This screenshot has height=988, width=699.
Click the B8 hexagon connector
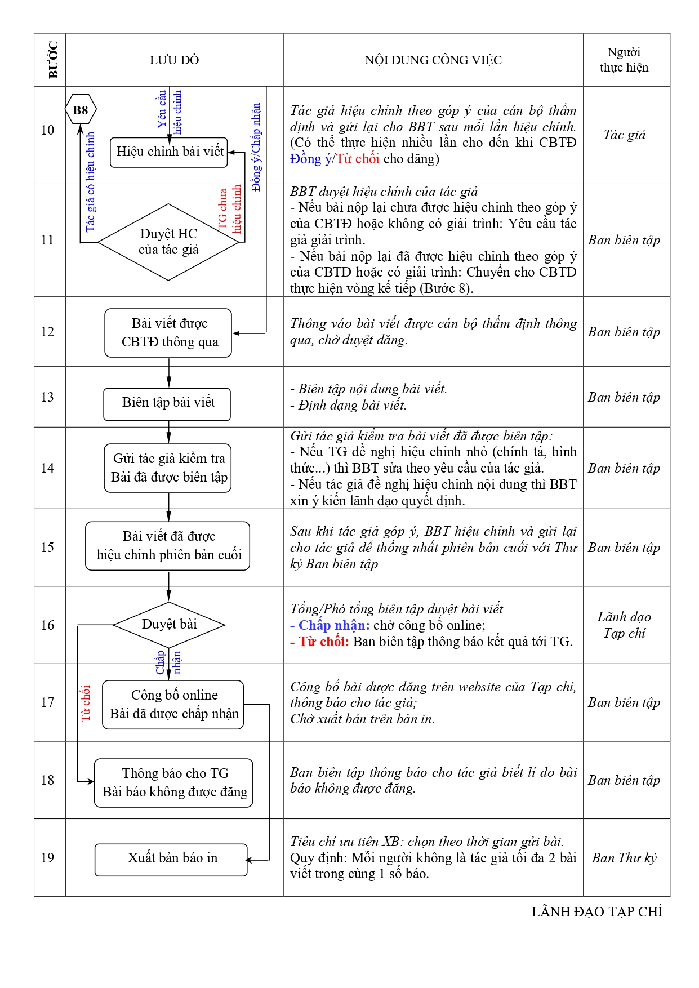click(81, 110)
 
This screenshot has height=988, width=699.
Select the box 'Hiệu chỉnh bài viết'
click(169, 152)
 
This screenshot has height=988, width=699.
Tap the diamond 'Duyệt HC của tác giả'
click(168, 242)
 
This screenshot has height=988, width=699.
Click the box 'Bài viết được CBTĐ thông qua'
click(168, 333)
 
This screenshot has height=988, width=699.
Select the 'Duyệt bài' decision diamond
click(169, 624)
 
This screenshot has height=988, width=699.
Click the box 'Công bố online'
click(173, 705)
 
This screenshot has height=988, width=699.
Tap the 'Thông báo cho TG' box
click(173, 782)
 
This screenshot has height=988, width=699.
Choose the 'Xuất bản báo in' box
click(171, 859)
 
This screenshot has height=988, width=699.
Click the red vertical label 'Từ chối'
click(86, 702)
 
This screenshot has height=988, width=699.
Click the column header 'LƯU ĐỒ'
click(174, 60)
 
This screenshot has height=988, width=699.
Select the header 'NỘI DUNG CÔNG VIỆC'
click(433, 60)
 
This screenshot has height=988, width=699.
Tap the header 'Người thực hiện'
click(624, 60)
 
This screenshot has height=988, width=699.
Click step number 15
click(48, 548)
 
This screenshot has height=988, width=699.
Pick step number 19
click(48, 858)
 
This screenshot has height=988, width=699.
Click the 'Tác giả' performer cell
click(624, 135)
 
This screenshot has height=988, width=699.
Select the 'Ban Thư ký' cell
click(624, 858)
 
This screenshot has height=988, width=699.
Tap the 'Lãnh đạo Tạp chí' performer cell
click(624, 625)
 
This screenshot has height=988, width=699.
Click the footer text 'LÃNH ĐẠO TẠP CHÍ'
click(596, 912)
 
